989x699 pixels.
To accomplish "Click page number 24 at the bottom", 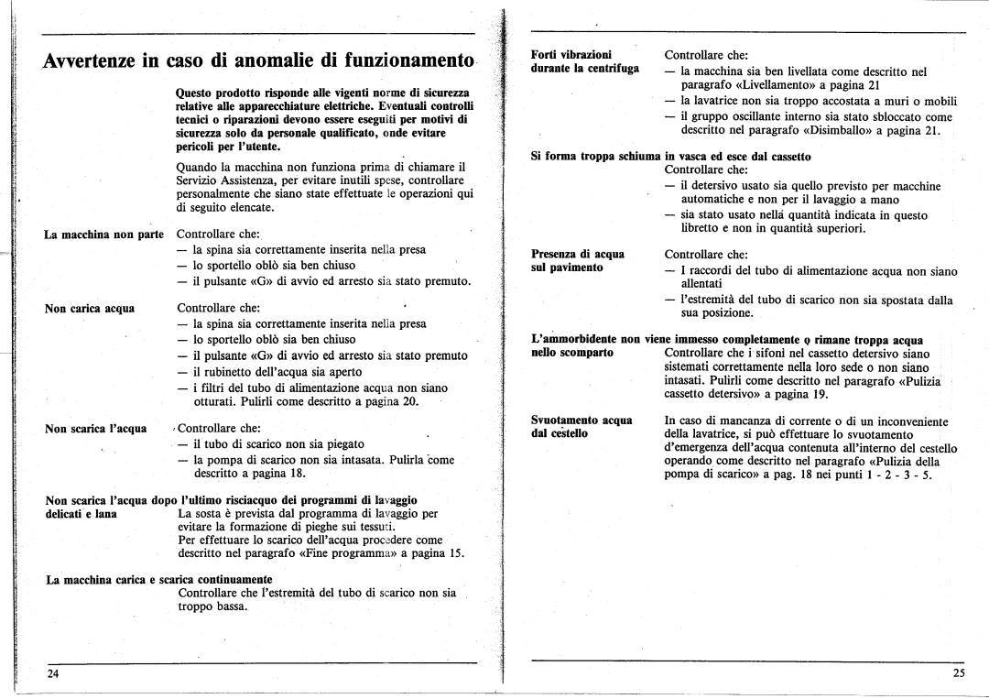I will tap(54, 673).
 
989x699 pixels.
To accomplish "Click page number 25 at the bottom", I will tap(959, 673).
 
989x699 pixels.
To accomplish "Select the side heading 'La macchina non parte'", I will tap(103, 235).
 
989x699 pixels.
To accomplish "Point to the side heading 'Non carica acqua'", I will tap(90, 309).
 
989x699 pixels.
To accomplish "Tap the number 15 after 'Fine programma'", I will tap(457, 553).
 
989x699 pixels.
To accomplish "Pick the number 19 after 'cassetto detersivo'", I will tap(820, 394).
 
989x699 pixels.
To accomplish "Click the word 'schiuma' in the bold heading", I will tap(636, 157).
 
